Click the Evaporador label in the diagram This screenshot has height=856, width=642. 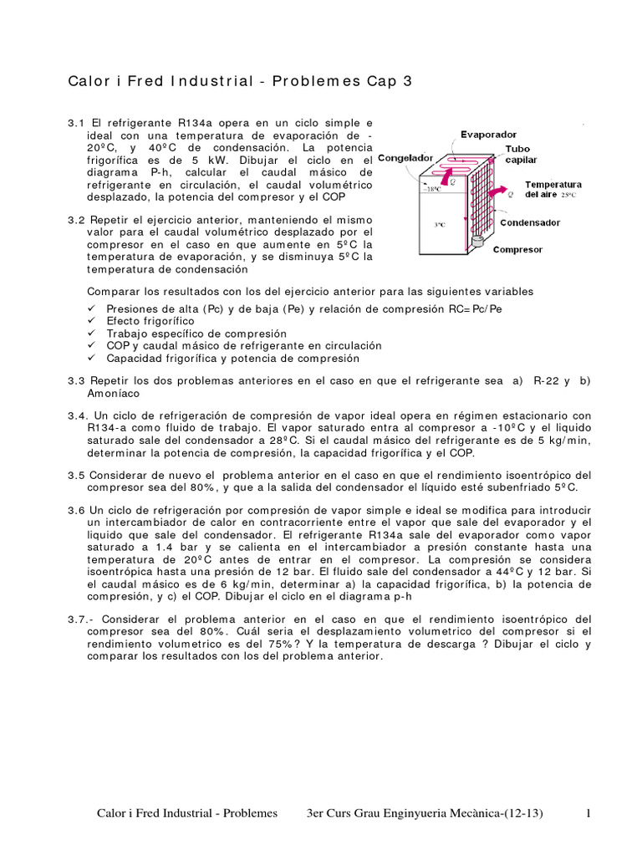(x=489, y=134)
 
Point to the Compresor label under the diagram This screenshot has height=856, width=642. (x=517, y=249)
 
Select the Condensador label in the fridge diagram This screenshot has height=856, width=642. (x=532, y=222)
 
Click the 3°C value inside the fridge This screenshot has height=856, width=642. (x=439, y=225)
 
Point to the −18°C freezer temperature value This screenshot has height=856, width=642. (x=432, y=190)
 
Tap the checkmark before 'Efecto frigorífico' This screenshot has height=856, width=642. (x=91, y=321)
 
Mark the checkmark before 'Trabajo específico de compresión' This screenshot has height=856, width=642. (x=91, y=334)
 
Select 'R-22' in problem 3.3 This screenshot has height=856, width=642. (x=546, y=380)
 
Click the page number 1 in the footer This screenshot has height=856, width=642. (x=588, y=813)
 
